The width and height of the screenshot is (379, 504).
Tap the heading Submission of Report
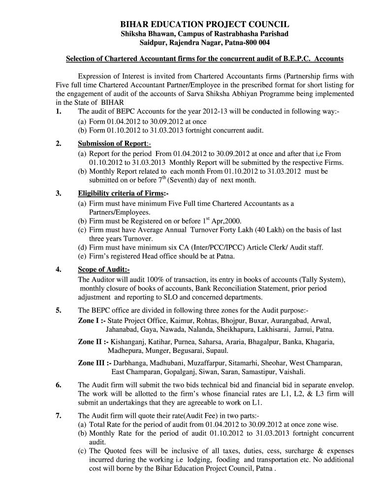point(112,144)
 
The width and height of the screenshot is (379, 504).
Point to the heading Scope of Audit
point(102,270)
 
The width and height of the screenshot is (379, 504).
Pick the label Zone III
point(94,363)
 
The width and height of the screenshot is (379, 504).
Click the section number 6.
point(59,384)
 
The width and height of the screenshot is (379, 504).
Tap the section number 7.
point(59,415)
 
